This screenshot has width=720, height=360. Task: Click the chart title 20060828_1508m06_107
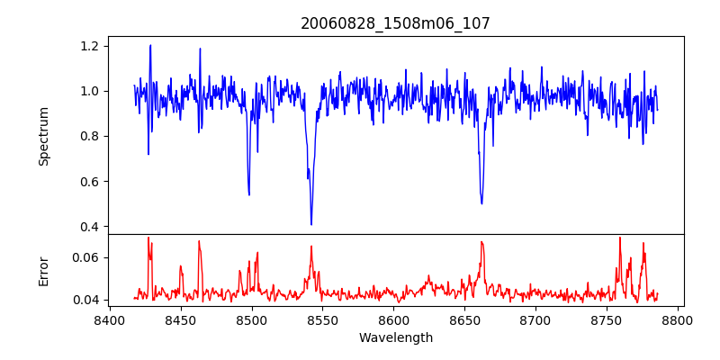395,23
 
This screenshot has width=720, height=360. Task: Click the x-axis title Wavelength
395,338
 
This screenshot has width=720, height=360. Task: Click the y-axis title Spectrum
44,136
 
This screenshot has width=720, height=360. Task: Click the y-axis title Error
44,270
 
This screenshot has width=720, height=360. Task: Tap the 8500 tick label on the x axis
252,319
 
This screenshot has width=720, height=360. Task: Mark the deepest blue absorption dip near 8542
311,224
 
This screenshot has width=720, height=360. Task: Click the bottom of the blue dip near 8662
481,202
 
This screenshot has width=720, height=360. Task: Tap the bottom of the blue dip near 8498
248,194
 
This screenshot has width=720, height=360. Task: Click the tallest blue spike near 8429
150,45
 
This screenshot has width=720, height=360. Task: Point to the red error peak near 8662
481,241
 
